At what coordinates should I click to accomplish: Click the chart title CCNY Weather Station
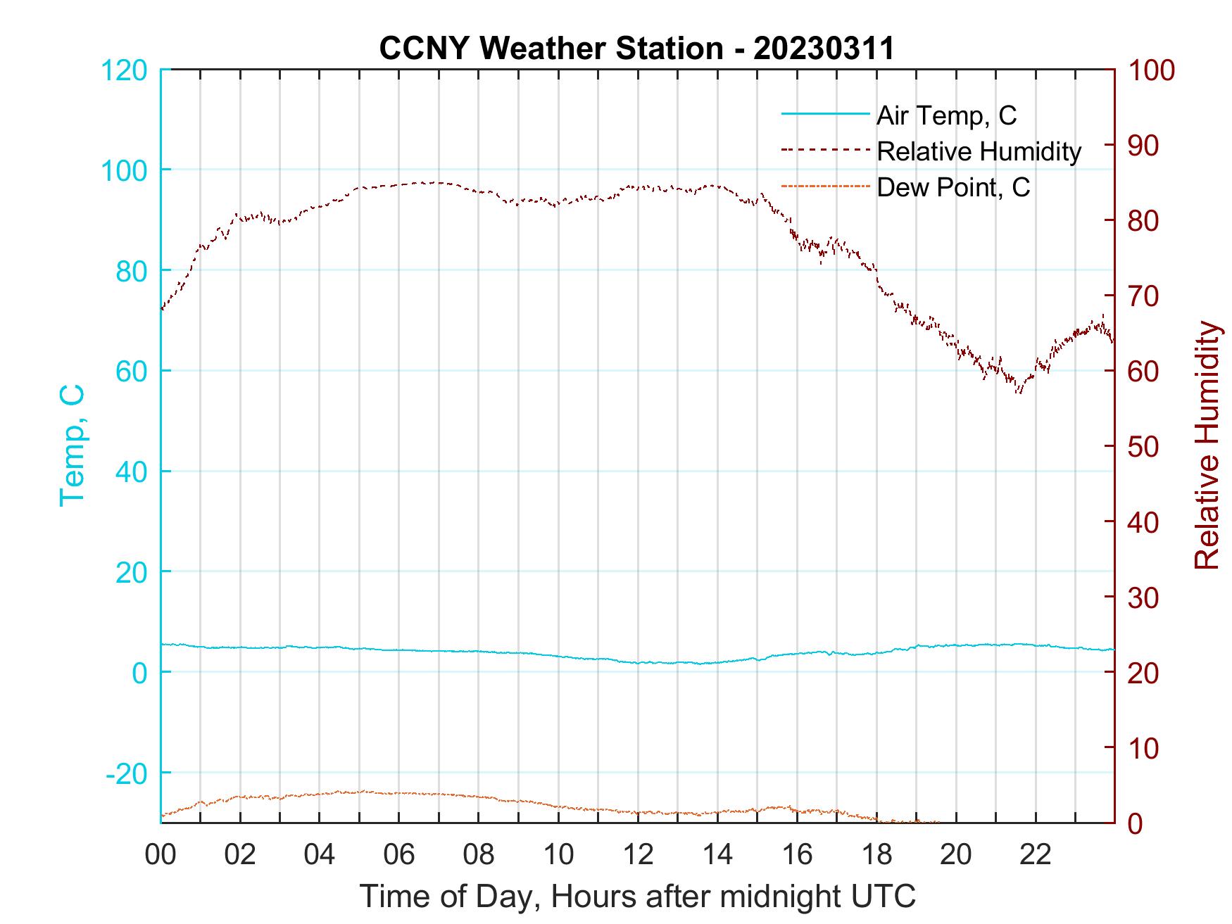(x=636, y=49)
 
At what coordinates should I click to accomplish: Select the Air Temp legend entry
(x=945, y=115)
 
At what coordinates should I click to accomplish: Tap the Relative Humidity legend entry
(x=978, y=151)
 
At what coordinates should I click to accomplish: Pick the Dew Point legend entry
(x=953, y=187)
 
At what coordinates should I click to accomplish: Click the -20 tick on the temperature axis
(x=126, y=773)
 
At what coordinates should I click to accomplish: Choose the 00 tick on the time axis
(x=161, y=855)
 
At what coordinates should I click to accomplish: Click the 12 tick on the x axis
(x=638, y=855)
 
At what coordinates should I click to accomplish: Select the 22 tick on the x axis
(x=1036, y=855)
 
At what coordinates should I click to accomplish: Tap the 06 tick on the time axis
(x=399, y=855)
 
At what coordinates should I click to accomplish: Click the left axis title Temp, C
(x=72, y=445)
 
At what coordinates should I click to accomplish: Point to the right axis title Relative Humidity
(x=1207, y=445)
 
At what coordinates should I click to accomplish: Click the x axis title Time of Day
(x=638, y=897)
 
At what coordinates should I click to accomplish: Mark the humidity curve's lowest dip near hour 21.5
(x=1018, y=391)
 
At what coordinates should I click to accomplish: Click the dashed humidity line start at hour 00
(x=162, y=308)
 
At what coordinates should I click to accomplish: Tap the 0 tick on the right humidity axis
(x=1138, y=823)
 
